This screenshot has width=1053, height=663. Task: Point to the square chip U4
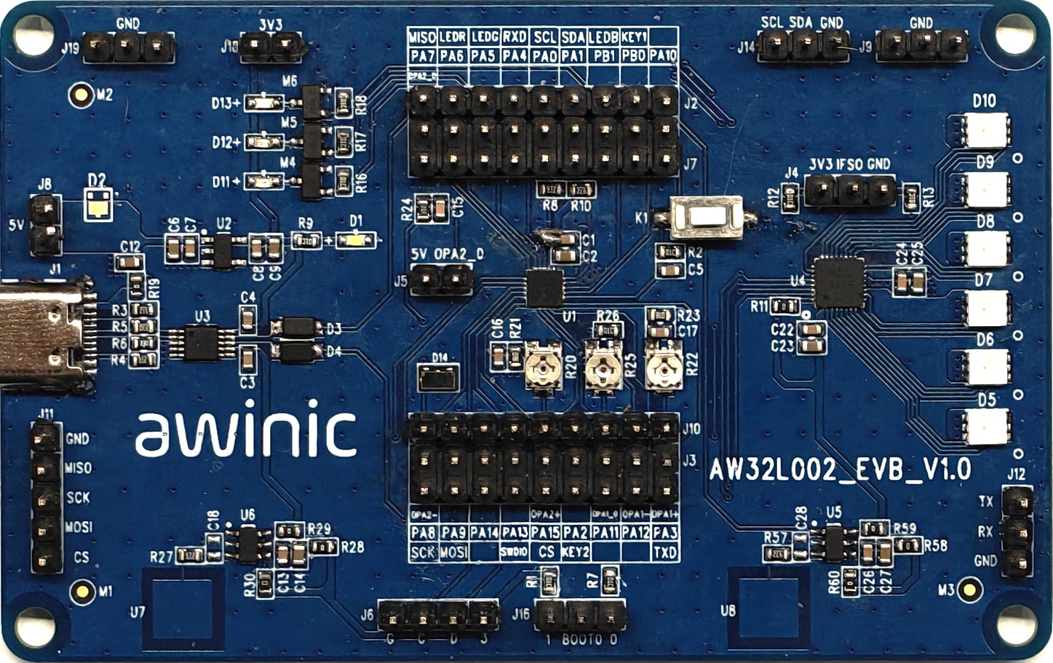[x=839, y=282]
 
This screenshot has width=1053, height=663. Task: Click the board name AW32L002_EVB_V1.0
[x=840, y=470]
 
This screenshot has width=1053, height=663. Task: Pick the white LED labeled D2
[x=98, y=204]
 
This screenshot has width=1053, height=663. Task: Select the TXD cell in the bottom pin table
[x=664, y=552]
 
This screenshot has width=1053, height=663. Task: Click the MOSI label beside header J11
[x=78, y=527]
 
